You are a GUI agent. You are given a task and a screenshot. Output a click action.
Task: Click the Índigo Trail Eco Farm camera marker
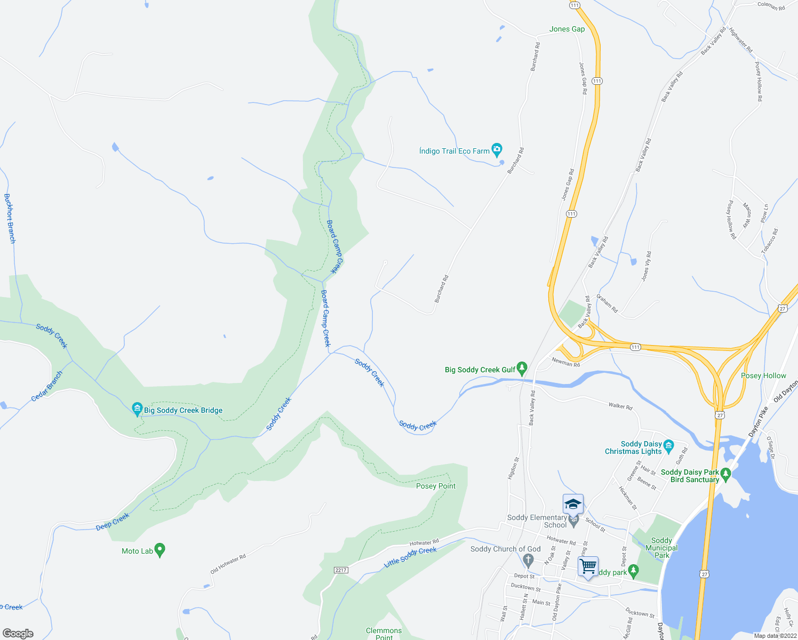pyautogui.click(x=497, y=149)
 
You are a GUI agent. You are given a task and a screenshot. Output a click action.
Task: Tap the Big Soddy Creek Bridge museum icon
pyautogui.click(x=137, y=409)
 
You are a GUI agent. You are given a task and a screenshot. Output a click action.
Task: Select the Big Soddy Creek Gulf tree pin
pyautogui.click(x=522, y=368)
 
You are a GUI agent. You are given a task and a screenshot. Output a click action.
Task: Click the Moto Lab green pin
pyautogui.click(x=159, y=550)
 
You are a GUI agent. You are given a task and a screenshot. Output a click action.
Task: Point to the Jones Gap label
pyautogui.click(x=567, y=29)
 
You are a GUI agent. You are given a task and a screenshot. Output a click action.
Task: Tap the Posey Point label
pyautogui.click(x=436, y=486)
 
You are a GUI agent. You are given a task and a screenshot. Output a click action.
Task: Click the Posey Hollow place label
pyautogui.click(x=763, y=375)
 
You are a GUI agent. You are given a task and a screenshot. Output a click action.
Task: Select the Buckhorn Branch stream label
pyautogui.click(x=10, y=219)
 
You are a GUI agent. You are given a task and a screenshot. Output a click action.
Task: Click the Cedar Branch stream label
pyautogui.click(x=47, y=386)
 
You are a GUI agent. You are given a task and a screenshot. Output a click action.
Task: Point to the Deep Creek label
pyautogui.click(x=113, y=522)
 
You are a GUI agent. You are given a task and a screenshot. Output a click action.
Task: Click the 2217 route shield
pyautogui.click(x=341, y=570)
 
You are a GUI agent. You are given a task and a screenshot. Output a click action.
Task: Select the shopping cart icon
pyautogui.click(x=588, y=566)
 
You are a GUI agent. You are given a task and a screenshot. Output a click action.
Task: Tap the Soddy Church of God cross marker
pyautogui.click(x=528, y=560)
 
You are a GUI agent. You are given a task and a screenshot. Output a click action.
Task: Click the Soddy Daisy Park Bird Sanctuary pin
pyautogui.click(x=725, y=473)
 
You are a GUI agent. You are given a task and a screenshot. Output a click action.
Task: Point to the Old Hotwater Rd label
pyautogui.click(x=228, y=564)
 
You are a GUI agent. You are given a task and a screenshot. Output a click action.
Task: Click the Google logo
pyautogui.click(x=18, y=634)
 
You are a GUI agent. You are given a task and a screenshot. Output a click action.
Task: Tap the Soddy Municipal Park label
pyautogui.click(x=661, y=548)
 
